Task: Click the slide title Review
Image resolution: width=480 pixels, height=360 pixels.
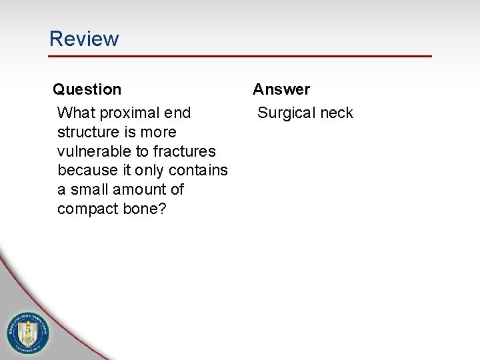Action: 84,39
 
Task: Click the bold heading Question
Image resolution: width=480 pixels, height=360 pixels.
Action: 87,89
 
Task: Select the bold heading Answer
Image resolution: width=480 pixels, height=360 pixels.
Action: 281,89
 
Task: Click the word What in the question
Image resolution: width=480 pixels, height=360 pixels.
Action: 76,113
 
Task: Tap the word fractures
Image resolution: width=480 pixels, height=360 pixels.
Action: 185,151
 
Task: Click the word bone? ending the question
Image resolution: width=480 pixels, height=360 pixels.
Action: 144,209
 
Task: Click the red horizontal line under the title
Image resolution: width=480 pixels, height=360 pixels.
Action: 240,56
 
